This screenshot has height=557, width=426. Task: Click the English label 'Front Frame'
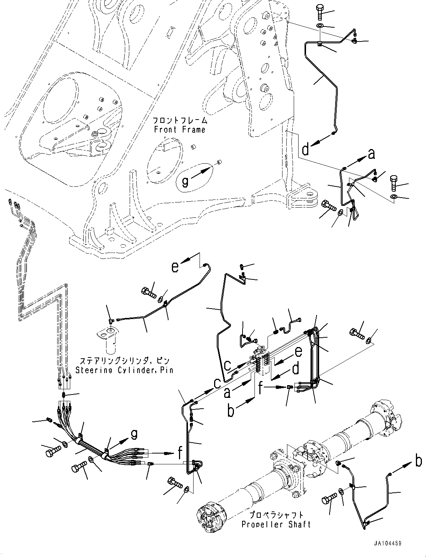pyautogui.click(x=179, y=130)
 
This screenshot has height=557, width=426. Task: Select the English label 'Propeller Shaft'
pyautogui.click(x=276, y=524)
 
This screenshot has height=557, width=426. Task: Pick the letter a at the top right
pyautogui.click(x=371, y=154)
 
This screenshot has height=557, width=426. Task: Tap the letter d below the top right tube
pyautogui.click(x=306, y=150)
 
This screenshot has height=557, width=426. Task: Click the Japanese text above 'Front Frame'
pyautogui.click(x=179, y=121)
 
